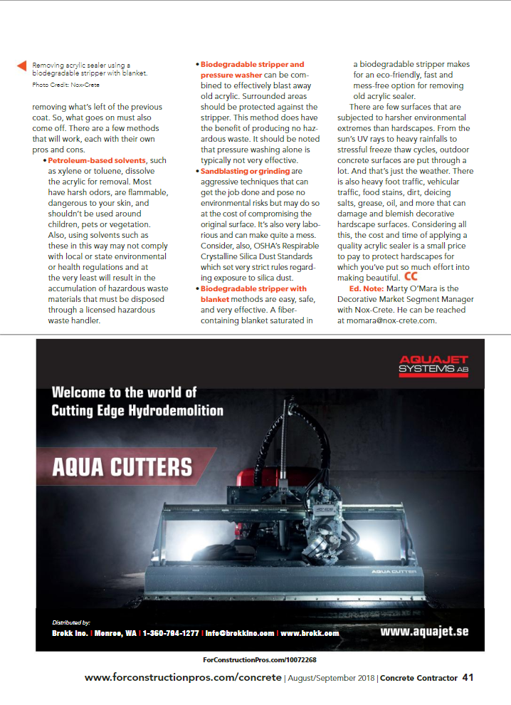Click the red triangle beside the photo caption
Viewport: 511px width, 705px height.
[x=22, y=66]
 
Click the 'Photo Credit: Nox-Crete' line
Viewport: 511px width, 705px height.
[x=65, y=85]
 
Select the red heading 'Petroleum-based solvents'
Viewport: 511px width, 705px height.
[x=96, y=162]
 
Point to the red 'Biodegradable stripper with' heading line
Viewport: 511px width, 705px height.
[x=253, y=288]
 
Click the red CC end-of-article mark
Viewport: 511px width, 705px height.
[x=411, y=276]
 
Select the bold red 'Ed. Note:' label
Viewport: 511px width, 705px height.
[x=366, y=288]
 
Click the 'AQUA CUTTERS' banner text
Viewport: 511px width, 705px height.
[x=122, y=466]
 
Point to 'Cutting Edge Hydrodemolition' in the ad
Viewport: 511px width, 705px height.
[x=137, y=410]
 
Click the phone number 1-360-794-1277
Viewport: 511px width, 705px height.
[x=171, y=632]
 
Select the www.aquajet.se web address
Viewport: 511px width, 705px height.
[x=424, y=632]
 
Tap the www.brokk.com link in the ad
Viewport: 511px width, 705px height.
[x=310, y=632]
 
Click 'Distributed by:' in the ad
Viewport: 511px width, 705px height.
[x=72, y=622]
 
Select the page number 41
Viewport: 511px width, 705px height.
[x=468, y=678]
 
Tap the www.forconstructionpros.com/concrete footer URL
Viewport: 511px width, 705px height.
[x=183, y=678]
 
